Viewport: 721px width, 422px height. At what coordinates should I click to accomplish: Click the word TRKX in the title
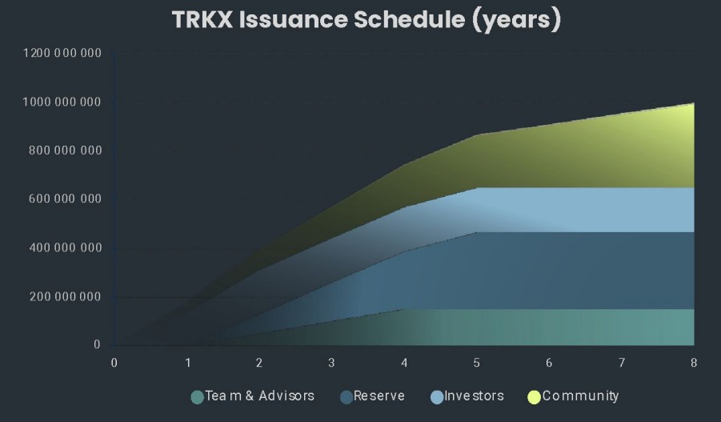(202, 20)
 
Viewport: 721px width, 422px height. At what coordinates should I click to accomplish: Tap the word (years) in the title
(517, 21)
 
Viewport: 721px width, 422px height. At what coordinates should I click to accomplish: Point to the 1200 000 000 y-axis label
(62, 53)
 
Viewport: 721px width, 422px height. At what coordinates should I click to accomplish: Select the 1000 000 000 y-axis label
(62, 102)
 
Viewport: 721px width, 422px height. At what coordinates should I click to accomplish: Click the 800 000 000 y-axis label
(65, 151)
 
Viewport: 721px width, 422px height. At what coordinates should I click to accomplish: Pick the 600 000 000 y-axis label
(65, 199)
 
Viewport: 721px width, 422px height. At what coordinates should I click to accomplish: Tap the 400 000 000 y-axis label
(65, 247)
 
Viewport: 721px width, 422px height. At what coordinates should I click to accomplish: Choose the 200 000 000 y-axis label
(65, 296)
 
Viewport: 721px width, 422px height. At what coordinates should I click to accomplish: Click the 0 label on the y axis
(97, 344)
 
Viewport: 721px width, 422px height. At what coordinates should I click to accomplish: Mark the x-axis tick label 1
(187, 363)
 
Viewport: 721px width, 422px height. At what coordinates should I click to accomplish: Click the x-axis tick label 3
(331, 363)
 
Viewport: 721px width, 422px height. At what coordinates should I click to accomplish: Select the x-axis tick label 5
(476, 363)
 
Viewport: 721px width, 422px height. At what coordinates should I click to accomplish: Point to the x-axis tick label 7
(622, 363)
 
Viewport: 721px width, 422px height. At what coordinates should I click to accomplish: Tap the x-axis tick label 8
(694, 363)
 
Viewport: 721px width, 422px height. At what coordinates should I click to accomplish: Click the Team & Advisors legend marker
(198, 397)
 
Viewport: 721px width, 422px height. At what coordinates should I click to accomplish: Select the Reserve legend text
(379, 396)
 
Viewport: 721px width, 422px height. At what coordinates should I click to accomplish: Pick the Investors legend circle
(437, 397)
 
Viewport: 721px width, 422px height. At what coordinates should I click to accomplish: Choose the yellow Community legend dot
(534, 397)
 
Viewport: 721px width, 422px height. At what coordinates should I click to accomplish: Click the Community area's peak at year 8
(694, 103)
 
